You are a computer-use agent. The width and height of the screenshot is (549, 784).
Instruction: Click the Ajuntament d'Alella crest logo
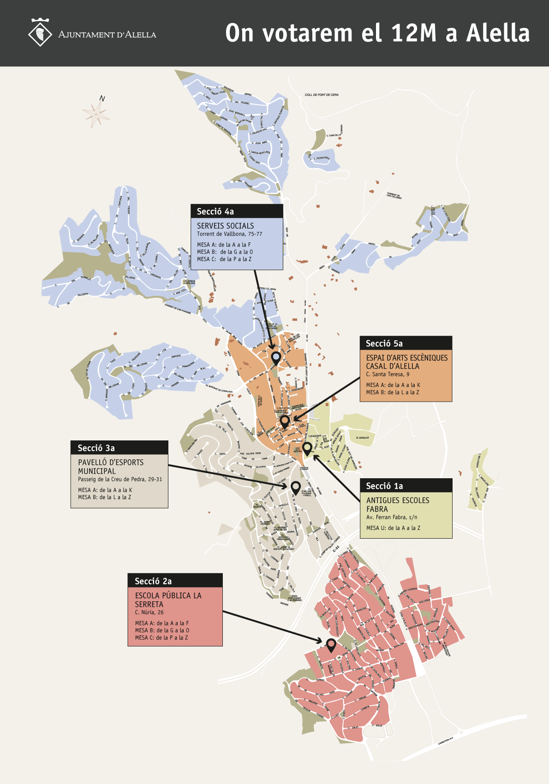click(x=41, y=33)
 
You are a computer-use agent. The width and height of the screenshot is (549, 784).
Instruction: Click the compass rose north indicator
click(x=96, y=113)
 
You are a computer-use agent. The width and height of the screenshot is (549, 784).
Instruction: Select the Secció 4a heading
click(x=215, y=212)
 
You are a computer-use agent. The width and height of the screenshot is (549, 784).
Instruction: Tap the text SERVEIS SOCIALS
click(x=225, y=226)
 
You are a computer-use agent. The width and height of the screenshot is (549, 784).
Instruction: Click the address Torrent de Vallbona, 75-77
click(x=229, y=234)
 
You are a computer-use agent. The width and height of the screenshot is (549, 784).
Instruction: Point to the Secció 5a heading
click(x=384, y=344)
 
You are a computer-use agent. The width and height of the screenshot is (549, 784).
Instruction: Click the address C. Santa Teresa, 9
click(x=388, y=374)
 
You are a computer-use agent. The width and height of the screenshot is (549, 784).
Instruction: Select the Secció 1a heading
click(x=384, y=486)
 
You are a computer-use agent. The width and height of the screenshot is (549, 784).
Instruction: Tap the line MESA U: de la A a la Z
click(x=393, y=528)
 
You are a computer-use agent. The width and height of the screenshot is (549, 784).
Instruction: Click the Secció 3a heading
click(x=96, y=448)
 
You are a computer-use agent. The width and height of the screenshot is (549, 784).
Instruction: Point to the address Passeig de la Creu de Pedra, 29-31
click(x=120, y=480)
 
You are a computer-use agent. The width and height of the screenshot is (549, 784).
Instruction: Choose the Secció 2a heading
click(x=153, y=581)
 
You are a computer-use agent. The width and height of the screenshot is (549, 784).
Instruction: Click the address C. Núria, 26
click(x=149, y=612)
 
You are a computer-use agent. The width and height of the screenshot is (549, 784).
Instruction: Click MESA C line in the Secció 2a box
click(x=161, y=638)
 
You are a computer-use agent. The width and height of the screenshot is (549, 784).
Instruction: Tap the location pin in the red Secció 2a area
click(x=331, y=644)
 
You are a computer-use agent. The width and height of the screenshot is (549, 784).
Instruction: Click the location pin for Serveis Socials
click(x=276, y=357)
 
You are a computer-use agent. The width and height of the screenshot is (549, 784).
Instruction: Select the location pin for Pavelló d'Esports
click(x=296, y=487)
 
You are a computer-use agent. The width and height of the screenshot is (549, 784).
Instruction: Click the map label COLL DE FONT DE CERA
click(x=322, y=95)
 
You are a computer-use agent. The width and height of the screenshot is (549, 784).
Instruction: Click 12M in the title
click(x=413, y=33)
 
